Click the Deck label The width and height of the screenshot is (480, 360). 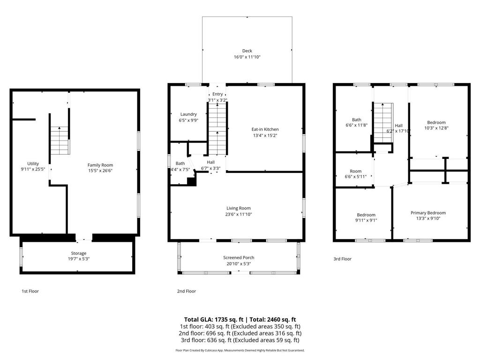click(247, 51)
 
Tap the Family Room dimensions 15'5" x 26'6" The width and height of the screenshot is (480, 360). click(100, 171)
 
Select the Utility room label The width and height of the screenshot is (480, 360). click(33, 164)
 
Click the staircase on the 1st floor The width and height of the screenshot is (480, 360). click(60, 141)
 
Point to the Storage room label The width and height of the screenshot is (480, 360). click(78, 253)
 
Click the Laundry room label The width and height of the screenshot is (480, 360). click(188, 114)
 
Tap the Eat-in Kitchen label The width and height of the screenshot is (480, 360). click(265, 129)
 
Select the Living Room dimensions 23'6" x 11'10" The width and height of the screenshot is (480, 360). click(239, 214)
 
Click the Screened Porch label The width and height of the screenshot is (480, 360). click(239, 257)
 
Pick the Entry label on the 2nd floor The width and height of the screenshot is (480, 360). click(217, 94)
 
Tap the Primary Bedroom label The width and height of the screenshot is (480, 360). click(428, 213)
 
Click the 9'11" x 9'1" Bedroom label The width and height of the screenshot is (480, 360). click(366, 215)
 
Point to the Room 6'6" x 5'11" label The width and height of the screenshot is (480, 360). click(355, 172)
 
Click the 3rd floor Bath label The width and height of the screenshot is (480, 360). click(356, 120)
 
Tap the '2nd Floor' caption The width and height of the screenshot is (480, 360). click(186, 291)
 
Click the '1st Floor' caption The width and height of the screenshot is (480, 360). click(30, 291)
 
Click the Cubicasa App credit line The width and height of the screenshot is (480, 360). click(240, 350)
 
